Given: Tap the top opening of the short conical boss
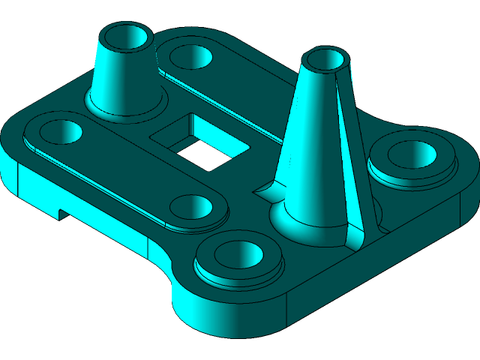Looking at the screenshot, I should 127,35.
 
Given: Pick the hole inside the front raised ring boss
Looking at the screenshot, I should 239,254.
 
